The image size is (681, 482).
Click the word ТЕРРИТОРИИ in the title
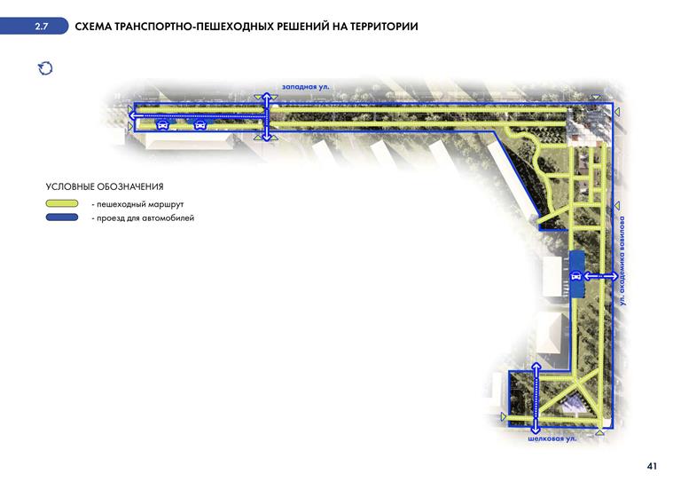coord(380,27)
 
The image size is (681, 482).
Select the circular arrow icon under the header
coord(45,67)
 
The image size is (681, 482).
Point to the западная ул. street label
coord(305,86)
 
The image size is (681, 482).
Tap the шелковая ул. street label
coord(554,439)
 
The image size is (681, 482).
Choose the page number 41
coord(652,465)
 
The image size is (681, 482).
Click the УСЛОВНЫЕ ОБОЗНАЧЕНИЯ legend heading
coord(105,186)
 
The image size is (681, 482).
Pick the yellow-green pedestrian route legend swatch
coord(65,203)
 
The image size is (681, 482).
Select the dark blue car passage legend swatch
coord(65,217)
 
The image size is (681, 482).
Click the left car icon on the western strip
coord(162,126)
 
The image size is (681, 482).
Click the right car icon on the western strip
coord(202,126)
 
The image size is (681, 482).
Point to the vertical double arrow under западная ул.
coord(266,115)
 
